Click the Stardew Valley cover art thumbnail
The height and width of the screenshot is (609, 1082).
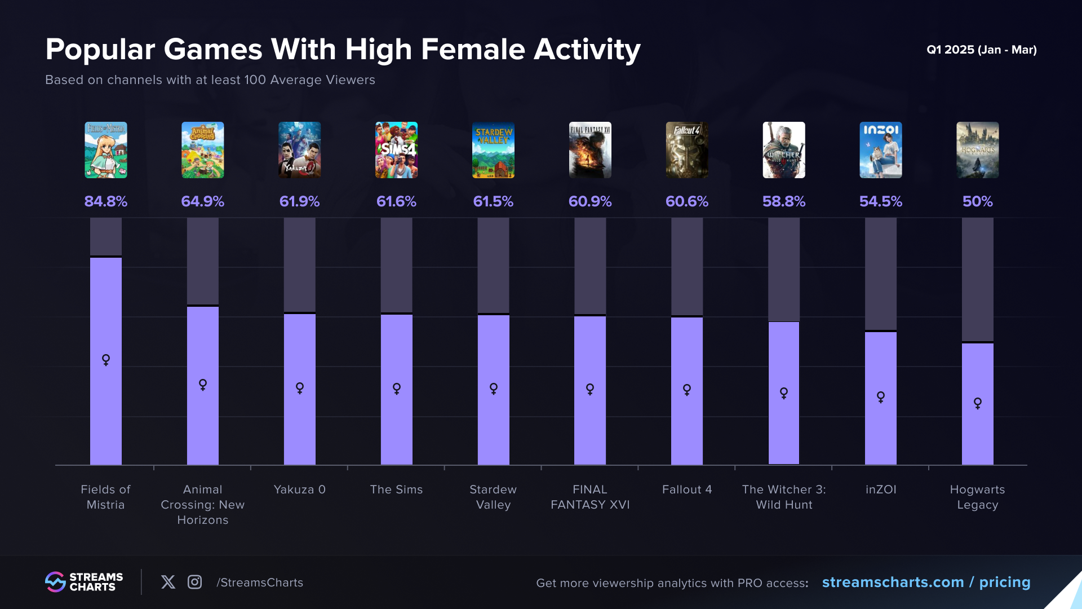pyautogui.click(x=493, y=150)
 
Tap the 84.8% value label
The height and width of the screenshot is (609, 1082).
pyautogui.click(x=106, y=201)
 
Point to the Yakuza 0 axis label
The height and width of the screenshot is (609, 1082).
pyautogui.click(x=300, y=489)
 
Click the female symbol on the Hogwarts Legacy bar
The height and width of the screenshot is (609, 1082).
pyautogui.click(x=978, y=403)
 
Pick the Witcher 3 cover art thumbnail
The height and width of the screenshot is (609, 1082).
pyautogui.click(x=784, y=150)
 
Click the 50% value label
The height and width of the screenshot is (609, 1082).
pyautogui.click(x=978, y=201)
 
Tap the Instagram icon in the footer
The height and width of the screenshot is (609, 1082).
pyautogui.click(x=195, y=582)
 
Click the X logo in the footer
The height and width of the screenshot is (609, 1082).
pyautogui.click(x=168, y=582)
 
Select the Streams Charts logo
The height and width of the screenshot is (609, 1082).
pyautogui.click(x=84, y=582)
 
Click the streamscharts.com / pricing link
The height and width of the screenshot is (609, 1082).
pyautogui.click(x=926, y=582)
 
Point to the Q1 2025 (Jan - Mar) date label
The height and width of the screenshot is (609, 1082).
pyautogui.click(x=982, y=50)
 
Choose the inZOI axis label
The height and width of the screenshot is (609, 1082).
pyautogui.click(x=881, y=489)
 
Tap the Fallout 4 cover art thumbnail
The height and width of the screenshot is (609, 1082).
pyautogui.click(x=687, y=150)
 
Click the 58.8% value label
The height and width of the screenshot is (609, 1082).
pyautogui.click(x=784, y=201)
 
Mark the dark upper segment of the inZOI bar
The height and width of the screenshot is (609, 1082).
pyautogui.click(x=881, y=274)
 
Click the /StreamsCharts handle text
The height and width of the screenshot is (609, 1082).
pyautogui.click(x=260, y=582)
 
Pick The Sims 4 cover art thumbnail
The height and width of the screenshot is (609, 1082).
pyautogui.click(x=397, y=150)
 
